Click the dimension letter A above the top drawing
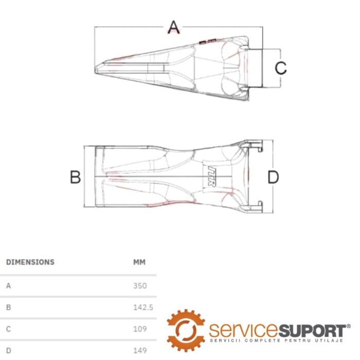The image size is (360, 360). (174, 27)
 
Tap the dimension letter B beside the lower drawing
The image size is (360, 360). (75, 177)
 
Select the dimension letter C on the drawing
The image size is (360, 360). (281, 68)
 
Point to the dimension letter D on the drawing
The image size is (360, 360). (273, 177)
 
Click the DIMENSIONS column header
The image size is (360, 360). (30, 262)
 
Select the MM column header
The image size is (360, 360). (139, 262)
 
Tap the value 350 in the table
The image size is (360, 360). (140, 285)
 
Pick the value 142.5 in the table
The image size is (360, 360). (143, 307)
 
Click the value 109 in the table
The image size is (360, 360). (140, 329)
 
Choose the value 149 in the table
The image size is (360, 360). (140, 350)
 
